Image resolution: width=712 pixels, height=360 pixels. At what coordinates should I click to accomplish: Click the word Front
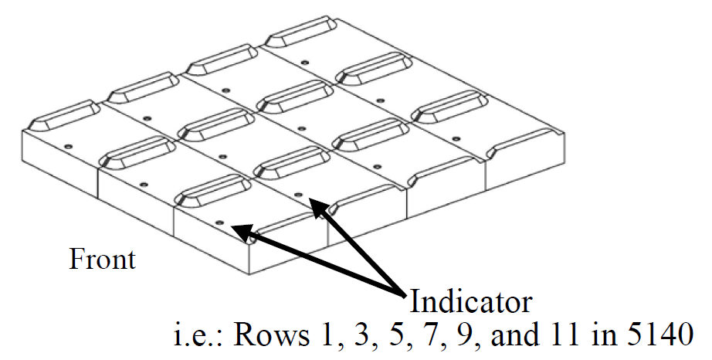point(102,259)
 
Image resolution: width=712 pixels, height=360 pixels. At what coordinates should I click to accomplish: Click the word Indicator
point(470,300)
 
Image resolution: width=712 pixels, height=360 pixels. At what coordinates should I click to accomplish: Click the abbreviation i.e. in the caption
point(197,337)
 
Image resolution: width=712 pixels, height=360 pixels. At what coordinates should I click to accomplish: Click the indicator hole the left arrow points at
point(220,222)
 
